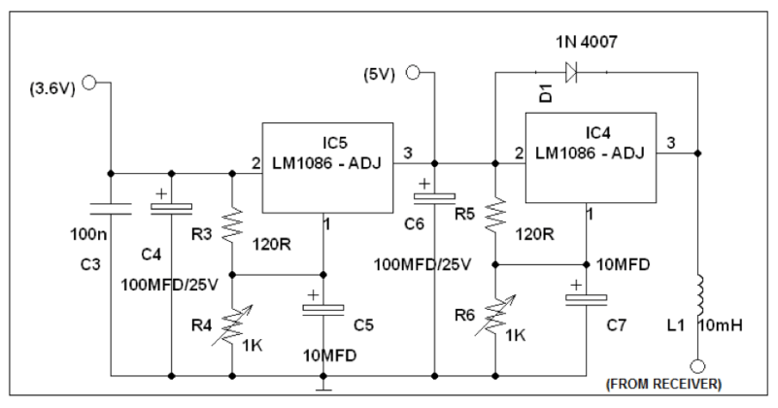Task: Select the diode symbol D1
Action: [570, 71]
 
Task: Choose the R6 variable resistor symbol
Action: [495, 316]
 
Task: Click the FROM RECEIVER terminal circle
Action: [697, 366]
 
